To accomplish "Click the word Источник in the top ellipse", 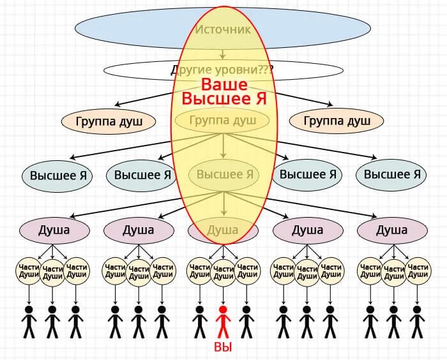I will pyautogui.click(x=222, y=29).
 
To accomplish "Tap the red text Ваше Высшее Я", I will pyautogui.click(x=223, y=91).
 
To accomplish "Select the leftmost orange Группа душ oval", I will pyautogui.click(x=109, y=121).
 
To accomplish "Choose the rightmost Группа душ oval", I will pyautogui.click(x=336, y=121).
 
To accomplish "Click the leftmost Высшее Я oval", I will pyautogui.click(x=57, y=174).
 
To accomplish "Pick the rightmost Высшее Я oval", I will pyautogui.click(x=390, y=174).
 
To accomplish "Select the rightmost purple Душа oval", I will pyautogui.click(x=391, y=230).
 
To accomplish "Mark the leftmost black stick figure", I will pyautogui.click(x=29, y=322).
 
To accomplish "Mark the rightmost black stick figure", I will pyautogui.click(x=417, y=322).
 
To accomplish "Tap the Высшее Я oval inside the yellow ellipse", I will pyautogui.click(x=223, y=174).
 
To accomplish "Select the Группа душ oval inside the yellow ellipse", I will pyautogui.click(x=223, y=120).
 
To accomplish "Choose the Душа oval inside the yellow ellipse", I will pyautogui.click(x=223, y=230).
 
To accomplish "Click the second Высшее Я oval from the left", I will pyautogui.click(x=140, y=174).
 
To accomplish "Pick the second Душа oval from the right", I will pyautogui.click(x=307, y=230).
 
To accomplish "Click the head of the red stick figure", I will pyautogui.click(x=223, y=310).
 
